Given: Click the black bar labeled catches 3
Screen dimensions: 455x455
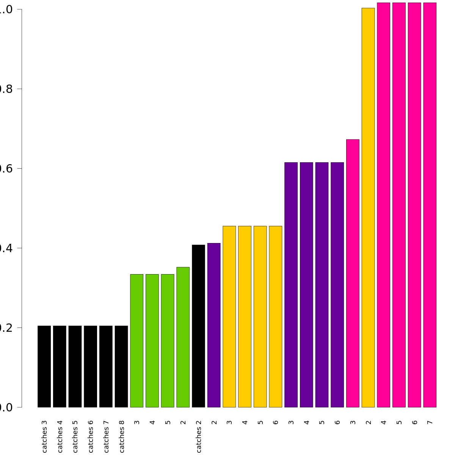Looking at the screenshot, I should [x=44, y=366].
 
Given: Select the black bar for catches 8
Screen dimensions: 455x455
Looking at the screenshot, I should [x=121, y=366].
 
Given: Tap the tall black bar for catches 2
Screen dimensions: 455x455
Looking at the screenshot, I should [x=198, y=326].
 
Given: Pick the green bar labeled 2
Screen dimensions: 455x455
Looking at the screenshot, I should [x=183, y=337].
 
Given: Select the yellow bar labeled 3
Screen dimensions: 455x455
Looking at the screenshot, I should [x=229, y=317].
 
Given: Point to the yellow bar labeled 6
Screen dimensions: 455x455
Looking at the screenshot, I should [x=276, y=317].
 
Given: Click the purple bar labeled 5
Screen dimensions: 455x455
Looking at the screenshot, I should [x=322, y=285].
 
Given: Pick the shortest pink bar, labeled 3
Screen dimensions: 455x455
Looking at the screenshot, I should [x=353, y=273].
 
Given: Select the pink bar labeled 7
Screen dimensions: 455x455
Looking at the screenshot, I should [x=430, y=205].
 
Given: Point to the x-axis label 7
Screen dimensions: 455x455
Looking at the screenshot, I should [x=430, y=422].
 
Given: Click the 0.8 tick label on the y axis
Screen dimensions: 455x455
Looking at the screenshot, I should [x=5, y=89].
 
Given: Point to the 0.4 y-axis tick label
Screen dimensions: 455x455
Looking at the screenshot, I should [x=5, y=248].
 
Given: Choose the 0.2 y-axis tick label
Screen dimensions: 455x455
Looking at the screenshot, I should [x=5, y=328].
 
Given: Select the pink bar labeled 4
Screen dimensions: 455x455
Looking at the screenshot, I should [x=383, y=205].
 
